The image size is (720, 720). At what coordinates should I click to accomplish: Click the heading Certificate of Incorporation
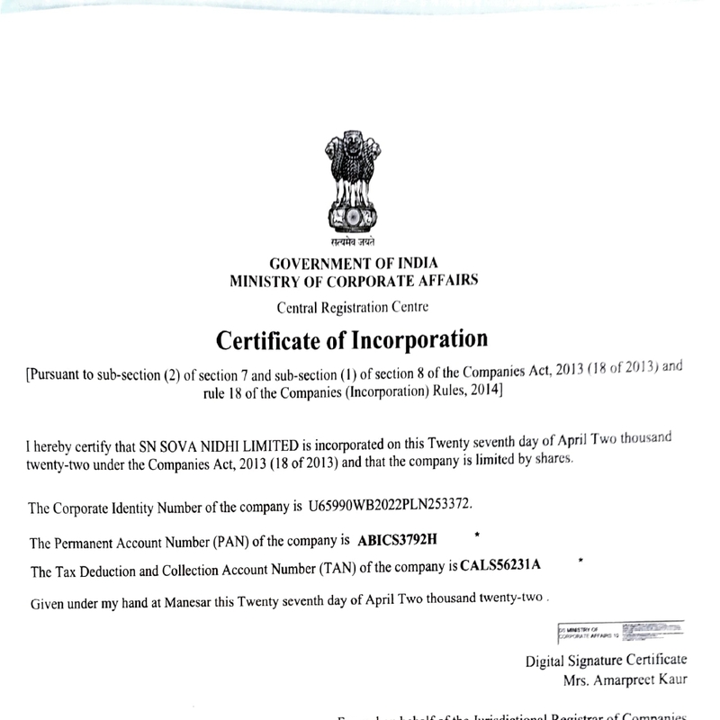pos(352,341)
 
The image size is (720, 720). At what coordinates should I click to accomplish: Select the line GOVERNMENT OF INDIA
pos(353,264)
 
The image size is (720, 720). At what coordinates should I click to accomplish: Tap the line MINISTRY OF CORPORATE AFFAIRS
pos(353,281)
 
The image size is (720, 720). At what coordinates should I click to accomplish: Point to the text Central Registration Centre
pos(353,307)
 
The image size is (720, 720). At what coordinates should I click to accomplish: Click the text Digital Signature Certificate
pos(606,661)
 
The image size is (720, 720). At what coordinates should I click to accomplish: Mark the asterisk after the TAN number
pos(581,562)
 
